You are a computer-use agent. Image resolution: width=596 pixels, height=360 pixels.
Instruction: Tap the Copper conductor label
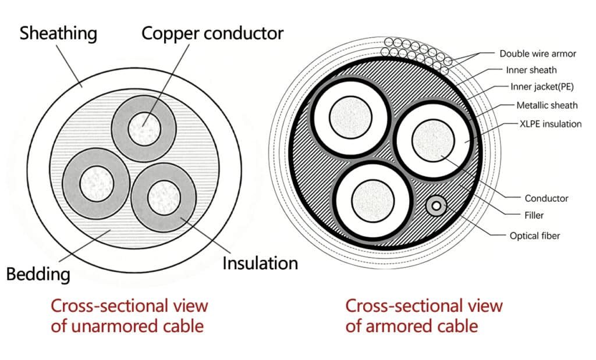(212, 33)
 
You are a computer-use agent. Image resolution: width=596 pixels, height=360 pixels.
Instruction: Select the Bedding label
(38, 273)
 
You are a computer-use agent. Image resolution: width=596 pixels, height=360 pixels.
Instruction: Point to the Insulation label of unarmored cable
(260, 263)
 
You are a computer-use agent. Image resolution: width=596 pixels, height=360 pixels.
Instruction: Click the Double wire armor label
(538, 54)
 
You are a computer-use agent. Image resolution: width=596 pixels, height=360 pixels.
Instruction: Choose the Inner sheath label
(531, 70)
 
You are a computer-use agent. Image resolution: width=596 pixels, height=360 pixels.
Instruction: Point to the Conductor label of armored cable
(547, 198)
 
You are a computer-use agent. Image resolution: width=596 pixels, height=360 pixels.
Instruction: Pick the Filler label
(534, 215)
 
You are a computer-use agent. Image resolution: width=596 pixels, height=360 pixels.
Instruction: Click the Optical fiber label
(535, 236)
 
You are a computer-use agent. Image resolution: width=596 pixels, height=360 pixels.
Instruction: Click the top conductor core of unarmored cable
(143, 127)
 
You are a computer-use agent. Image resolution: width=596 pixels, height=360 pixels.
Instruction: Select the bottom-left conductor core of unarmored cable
(95, 183)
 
